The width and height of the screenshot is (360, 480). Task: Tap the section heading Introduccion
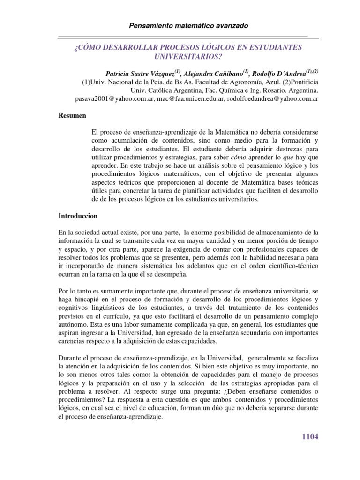(78, 216)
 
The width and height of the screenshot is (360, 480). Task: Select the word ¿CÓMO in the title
(85, 48)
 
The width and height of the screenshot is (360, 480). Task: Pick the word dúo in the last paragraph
(219, 408)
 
